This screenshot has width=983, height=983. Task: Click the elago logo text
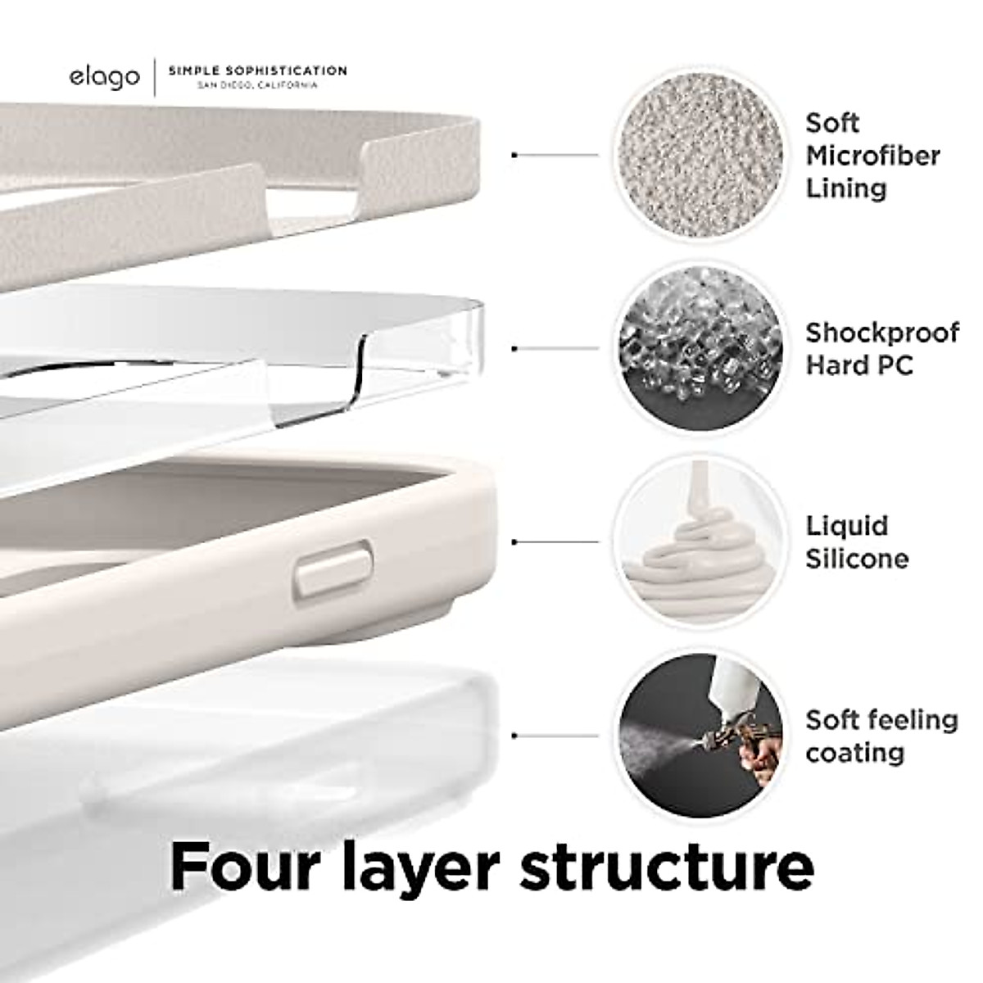[x=104, y=78]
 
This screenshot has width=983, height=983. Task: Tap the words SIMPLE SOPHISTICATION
[x=257, y=71]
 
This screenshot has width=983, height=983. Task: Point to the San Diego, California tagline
[x=256, y=86]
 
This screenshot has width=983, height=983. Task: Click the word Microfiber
[x=872, y=156]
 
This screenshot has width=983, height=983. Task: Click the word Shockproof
[x=881, y=333]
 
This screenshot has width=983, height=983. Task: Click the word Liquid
[x=846, y=526]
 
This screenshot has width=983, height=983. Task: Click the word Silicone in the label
[x=857, y=559]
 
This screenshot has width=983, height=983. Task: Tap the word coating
[x=854, y=753]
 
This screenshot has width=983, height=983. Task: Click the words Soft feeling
[x=881, y=720]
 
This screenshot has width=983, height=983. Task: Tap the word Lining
[x=845, y=188]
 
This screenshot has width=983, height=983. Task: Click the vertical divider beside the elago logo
[x=154, y=78]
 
